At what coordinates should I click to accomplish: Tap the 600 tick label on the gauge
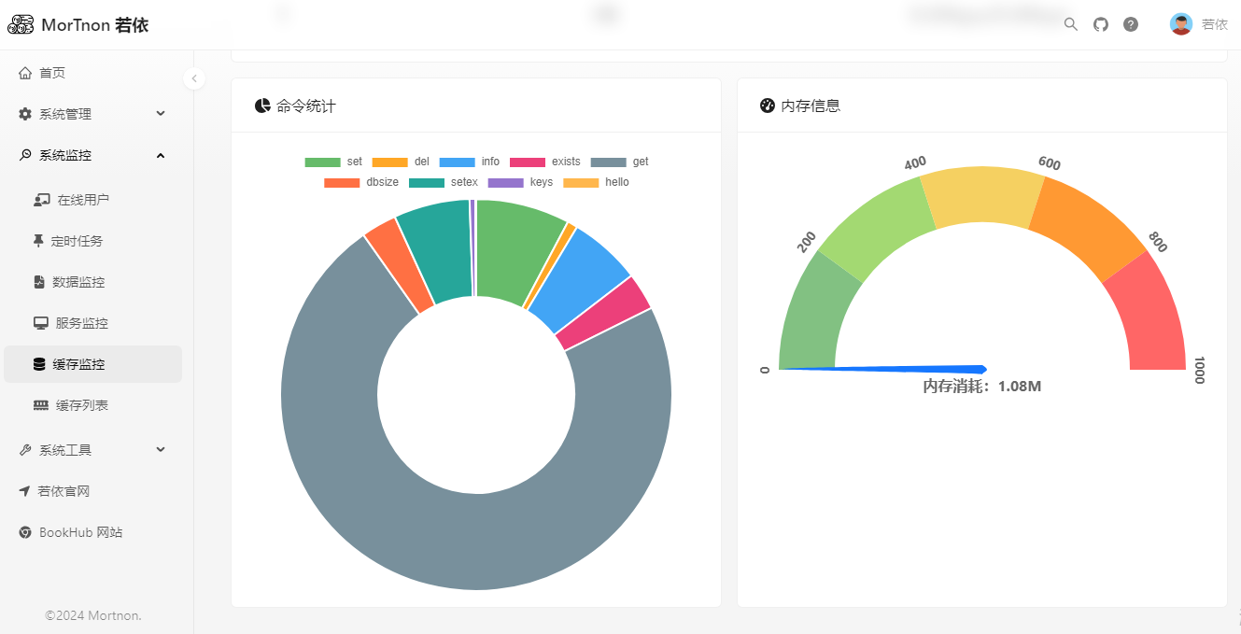[x=1050, y=163]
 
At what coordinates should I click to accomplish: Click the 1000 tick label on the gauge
[x=1200, y=370]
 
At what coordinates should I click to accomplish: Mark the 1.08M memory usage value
[x=1019, y=387]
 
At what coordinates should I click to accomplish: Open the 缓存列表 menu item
[x=81, y=405]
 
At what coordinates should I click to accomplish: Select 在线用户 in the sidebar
[x=82, y=200]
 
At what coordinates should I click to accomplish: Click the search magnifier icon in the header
[x=1071, y=24]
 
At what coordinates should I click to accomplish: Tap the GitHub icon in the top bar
[x=1101, y=24]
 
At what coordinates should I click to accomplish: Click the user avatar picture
[x=1181, y=24]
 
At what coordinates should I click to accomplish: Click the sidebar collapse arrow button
[x=194, y=78]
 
